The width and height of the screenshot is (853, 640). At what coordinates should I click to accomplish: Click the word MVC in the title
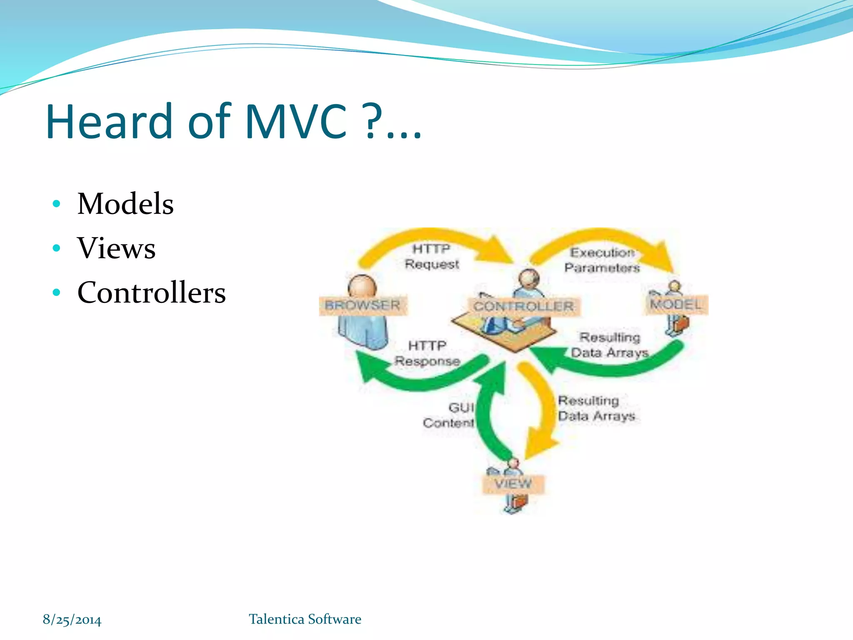(x=296, y=122)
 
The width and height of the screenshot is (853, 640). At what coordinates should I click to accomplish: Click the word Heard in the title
(x=109, y=122)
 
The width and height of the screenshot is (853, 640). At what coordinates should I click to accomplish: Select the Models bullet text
(x=125, y=204)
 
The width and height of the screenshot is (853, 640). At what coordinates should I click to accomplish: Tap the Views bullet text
(x=116, y=248)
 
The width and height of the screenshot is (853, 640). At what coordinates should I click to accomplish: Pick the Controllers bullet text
(x=151, y=292)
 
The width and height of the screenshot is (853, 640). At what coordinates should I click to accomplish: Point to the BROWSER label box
(x=362, y=305)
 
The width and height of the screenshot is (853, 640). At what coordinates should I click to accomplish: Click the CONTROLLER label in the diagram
(x=523, y=306)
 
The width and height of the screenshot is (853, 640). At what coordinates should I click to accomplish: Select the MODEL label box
(x=675, y=304)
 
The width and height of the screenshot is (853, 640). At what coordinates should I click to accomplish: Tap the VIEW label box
(x=513, y=484)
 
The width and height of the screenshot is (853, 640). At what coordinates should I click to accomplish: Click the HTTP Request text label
(x=431, y=256)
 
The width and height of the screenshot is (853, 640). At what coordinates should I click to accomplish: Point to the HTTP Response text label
(x=427, y=353)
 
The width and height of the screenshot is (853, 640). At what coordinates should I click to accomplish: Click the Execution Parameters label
(x=602, y=260)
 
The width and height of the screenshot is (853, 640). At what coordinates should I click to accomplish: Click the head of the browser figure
(x=362, y=286)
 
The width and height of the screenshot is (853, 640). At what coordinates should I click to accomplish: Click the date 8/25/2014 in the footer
(x=72, y=620)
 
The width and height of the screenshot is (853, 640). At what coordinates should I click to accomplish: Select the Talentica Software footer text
(x=305, y=619)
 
